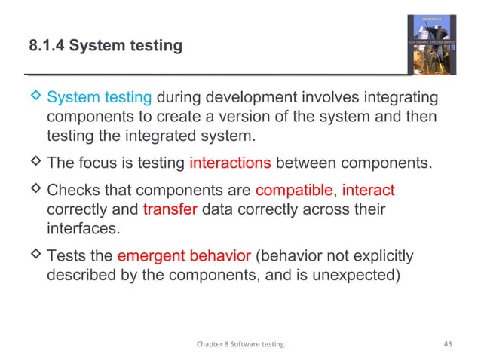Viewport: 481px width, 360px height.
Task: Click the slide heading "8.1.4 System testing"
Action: (105, 47)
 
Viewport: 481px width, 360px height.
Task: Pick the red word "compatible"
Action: (295, 188)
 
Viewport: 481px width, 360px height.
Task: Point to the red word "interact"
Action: (368, 188)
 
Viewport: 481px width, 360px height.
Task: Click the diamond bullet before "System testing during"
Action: (34, 98)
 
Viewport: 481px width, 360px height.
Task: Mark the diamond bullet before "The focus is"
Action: (34, 164)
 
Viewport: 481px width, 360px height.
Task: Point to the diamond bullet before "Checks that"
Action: (34, 188)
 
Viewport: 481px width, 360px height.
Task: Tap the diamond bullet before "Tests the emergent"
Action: (34, 256)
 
